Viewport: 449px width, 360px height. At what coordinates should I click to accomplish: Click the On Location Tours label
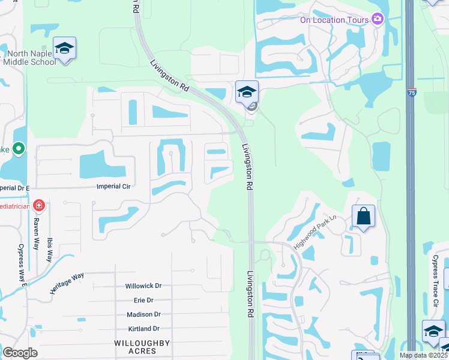pyautogui.click(x=331, y=20)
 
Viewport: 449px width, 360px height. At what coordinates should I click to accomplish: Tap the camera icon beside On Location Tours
pyautogui.click(x=378, y=19)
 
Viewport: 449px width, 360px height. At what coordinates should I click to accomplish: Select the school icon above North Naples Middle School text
pyautogui.click(x=64, y=49)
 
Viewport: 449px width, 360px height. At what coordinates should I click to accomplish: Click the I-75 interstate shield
pyautogui.click(x=411, y=92)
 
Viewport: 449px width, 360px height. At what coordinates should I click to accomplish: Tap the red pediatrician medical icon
pyautogui.click(x=39, y=206)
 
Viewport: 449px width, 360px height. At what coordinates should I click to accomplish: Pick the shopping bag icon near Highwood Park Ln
pyautogui.click(x=363, y=217)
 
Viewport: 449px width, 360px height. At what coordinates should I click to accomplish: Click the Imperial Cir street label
pyautogui.click(x=113, y=187)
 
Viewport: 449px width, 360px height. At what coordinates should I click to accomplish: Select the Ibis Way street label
pyautogui.click(x=49, y=247)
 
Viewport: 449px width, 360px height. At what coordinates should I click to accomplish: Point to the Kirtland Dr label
pyautogui.click(x=143, y=329)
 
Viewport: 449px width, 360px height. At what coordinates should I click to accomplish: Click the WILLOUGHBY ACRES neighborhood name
pyautogui.click(x=142, y=347)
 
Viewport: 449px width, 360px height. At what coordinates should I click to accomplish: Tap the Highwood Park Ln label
pyautogui.click(x=317, y=232)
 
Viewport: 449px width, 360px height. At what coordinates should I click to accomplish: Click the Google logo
pyautogui.click(x=20, y=353)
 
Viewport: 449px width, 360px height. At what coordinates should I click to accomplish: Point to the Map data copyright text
pyautogui.click(x=424, y=355)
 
